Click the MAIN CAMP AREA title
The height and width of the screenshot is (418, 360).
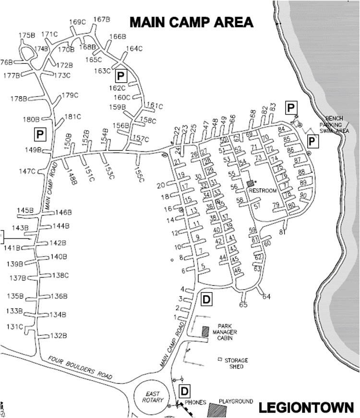192,22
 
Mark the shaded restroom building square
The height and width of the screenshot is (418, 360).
250,183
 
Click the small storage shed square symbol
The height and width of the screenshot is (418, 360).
220,359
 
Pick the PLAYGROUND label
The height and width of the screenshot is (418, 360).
236,401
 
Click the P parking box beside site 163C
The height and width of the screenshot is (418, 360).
120,75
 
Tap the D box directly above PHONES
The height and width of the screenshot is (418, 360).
184,389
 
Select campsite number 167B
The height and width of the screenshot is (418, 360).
102,20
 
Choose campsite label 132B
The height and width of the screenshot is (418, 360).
58,335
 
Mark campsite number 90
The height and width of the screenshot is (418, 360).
303,195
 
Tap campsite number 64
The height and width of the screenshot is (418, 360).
267,296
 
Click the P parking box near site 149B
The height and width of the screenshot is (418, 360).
39,134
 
